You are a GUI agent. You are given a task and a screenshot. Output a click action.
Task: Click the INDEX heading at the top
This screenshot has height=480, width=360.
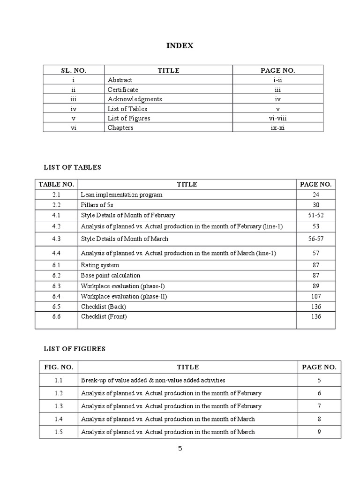click(180, 46)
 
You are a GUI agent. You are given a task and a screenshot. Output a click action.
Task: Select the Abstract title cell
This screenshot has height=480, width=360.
click(120, 80)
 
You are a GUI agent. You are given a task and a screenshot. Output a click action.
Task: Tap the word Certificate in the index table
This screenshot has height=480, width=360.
click(123, 90)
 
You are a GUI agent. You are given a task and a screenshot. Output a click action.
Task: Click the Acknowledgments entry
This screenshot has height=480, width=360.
click(135, 99)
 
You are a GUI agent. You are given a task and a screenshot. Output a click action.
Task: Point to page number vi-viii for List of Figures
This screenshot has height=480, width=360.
click(277, 118)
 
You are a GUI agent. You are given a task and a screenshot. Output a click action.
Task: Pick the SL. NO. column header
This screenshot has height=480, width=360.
click(74, 70)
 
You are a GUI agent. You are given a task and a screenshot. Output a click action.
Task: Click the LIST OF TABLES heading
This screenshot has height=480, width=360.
click(72, 167)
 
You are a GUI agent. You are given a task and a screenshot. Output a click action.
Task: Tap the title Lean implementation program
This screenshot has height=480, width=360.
click(121, 195)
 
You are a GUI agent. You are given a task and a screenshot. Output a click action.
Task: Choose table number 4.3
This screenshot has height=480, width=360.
click(56, 239)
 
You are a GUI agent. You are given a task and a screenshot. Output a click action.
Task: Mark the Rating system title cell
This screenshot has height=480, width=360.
click(100, 265)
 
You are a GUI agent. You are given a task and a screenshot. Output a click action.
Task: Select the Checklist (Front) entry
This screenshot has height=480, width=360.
click(104, 316)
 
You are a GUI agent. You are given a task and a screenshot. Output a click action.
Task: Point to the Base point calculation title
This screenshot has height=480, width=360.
click(110, 276)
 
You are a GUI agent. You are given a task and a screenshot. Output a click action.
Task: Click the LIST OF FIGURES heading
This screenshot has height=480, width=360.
click(75, 349)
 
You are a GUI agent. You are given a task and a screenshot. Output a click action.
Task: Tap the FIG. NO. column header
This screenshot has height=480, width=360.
click(59, 367)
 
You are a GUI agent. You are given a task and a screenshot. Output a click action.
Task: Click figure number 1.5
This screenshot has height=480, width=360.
click(59, 432)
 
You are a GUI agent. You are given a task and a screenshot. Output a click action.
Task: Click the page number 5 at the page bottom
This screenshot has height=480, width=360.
click(180, 449)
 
